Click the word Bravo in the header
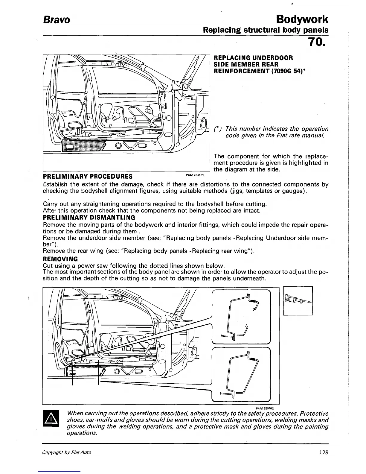click(x=57, y=20)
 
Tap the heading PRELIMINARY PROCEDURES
click(x=88, y=176)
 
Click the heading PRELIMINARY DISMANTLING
click(x=89, y=218)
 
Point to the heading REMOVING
click(x=61, y=259)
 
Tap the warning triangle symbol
click(x=52, y=419)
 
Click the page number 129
click(x=324, y=452)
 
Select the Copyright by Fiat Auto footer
click(x=67, y=452)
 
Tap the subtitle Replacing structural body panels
click(x=266, y=30)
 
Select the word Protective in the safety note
click(x=314, y=414)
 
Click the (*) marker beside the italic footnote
click(x=218, y=129)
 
